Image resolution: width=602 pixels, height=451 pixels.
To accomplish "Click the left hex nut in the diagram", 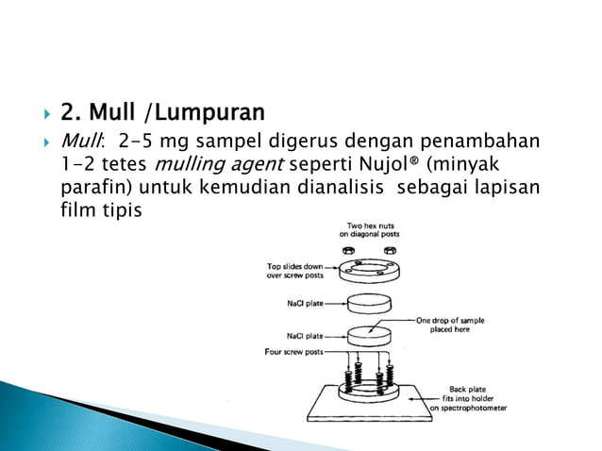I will pos(346,250).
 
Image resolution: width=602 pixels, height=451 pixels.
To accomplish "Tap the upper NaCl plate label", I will pos(305,304).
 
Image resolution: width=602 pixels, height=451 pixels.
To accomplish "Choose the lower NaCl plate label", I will pos(305,335).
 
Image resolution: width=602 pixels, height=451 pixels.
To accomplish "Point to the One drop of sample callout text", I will pos(450,325).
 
